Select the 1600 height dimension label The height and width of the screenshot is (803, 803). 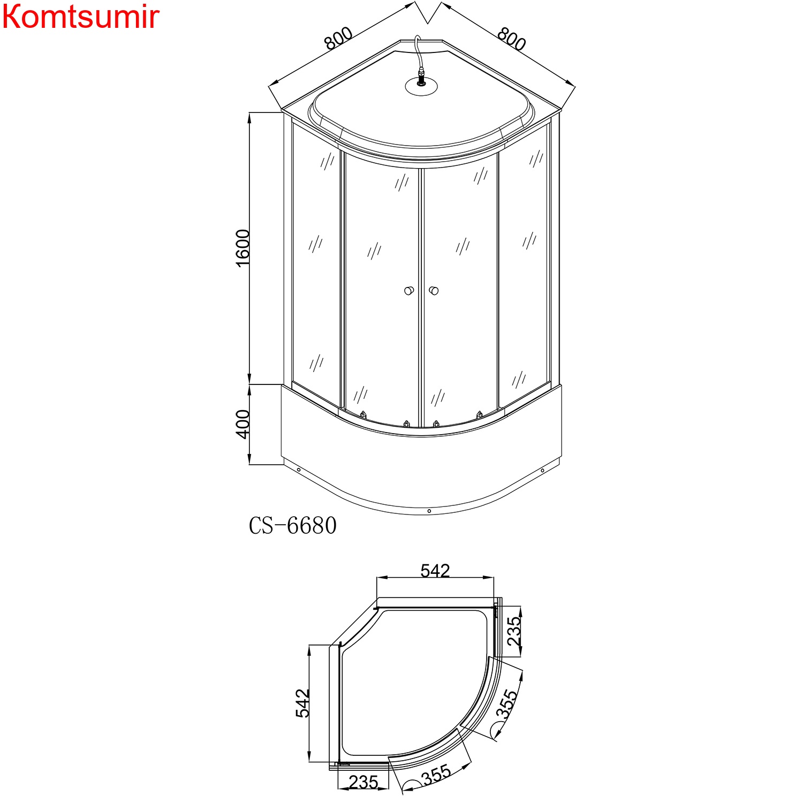pyautogui.click(x=243, y=248)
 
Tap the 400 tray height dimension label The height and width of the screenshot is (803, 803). pyautogui.click(x=243, y=424)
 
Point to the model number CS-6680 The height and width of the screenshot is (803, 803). pyautogui.click(x=293, y=526)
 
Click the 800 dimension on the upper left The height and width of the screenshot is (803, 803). pyautogui.click(x=338, y=39)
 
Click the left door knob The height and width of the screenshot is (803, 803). pyautogui.click(x=409, y=291)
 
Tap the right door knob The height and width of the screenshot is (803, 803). pyautogui.click(x=434, y=291)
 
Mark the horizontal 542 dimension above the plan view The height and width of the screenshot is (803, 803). pyautogui.click(x=435, y=571)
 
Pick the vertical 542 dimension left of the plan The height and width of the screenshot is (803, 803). pyautogui.click(x=302, y=703)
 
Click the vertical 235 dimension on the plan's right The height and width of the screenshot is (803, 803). pyautogui.click(x=513, y=631)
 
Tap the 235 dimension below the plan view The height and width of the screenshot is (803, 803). pyautogui.click(x=363, y=782)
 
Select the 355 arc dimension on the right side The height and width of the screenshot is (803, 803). pyautogui.click(x=506, y=704)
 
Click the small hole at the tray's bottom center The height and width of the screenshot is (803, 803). pyautogui.click(x=429, y=511)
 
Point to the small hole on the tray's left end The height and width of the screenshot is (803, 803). pyautogui.click(x=299, y=470)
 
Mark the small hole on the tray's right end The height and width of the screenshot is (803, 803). pyautogui.click(x=542, y=471)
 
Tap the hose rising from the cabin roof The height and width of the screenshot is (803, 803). pyautogui.click(x=418, y=54)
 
